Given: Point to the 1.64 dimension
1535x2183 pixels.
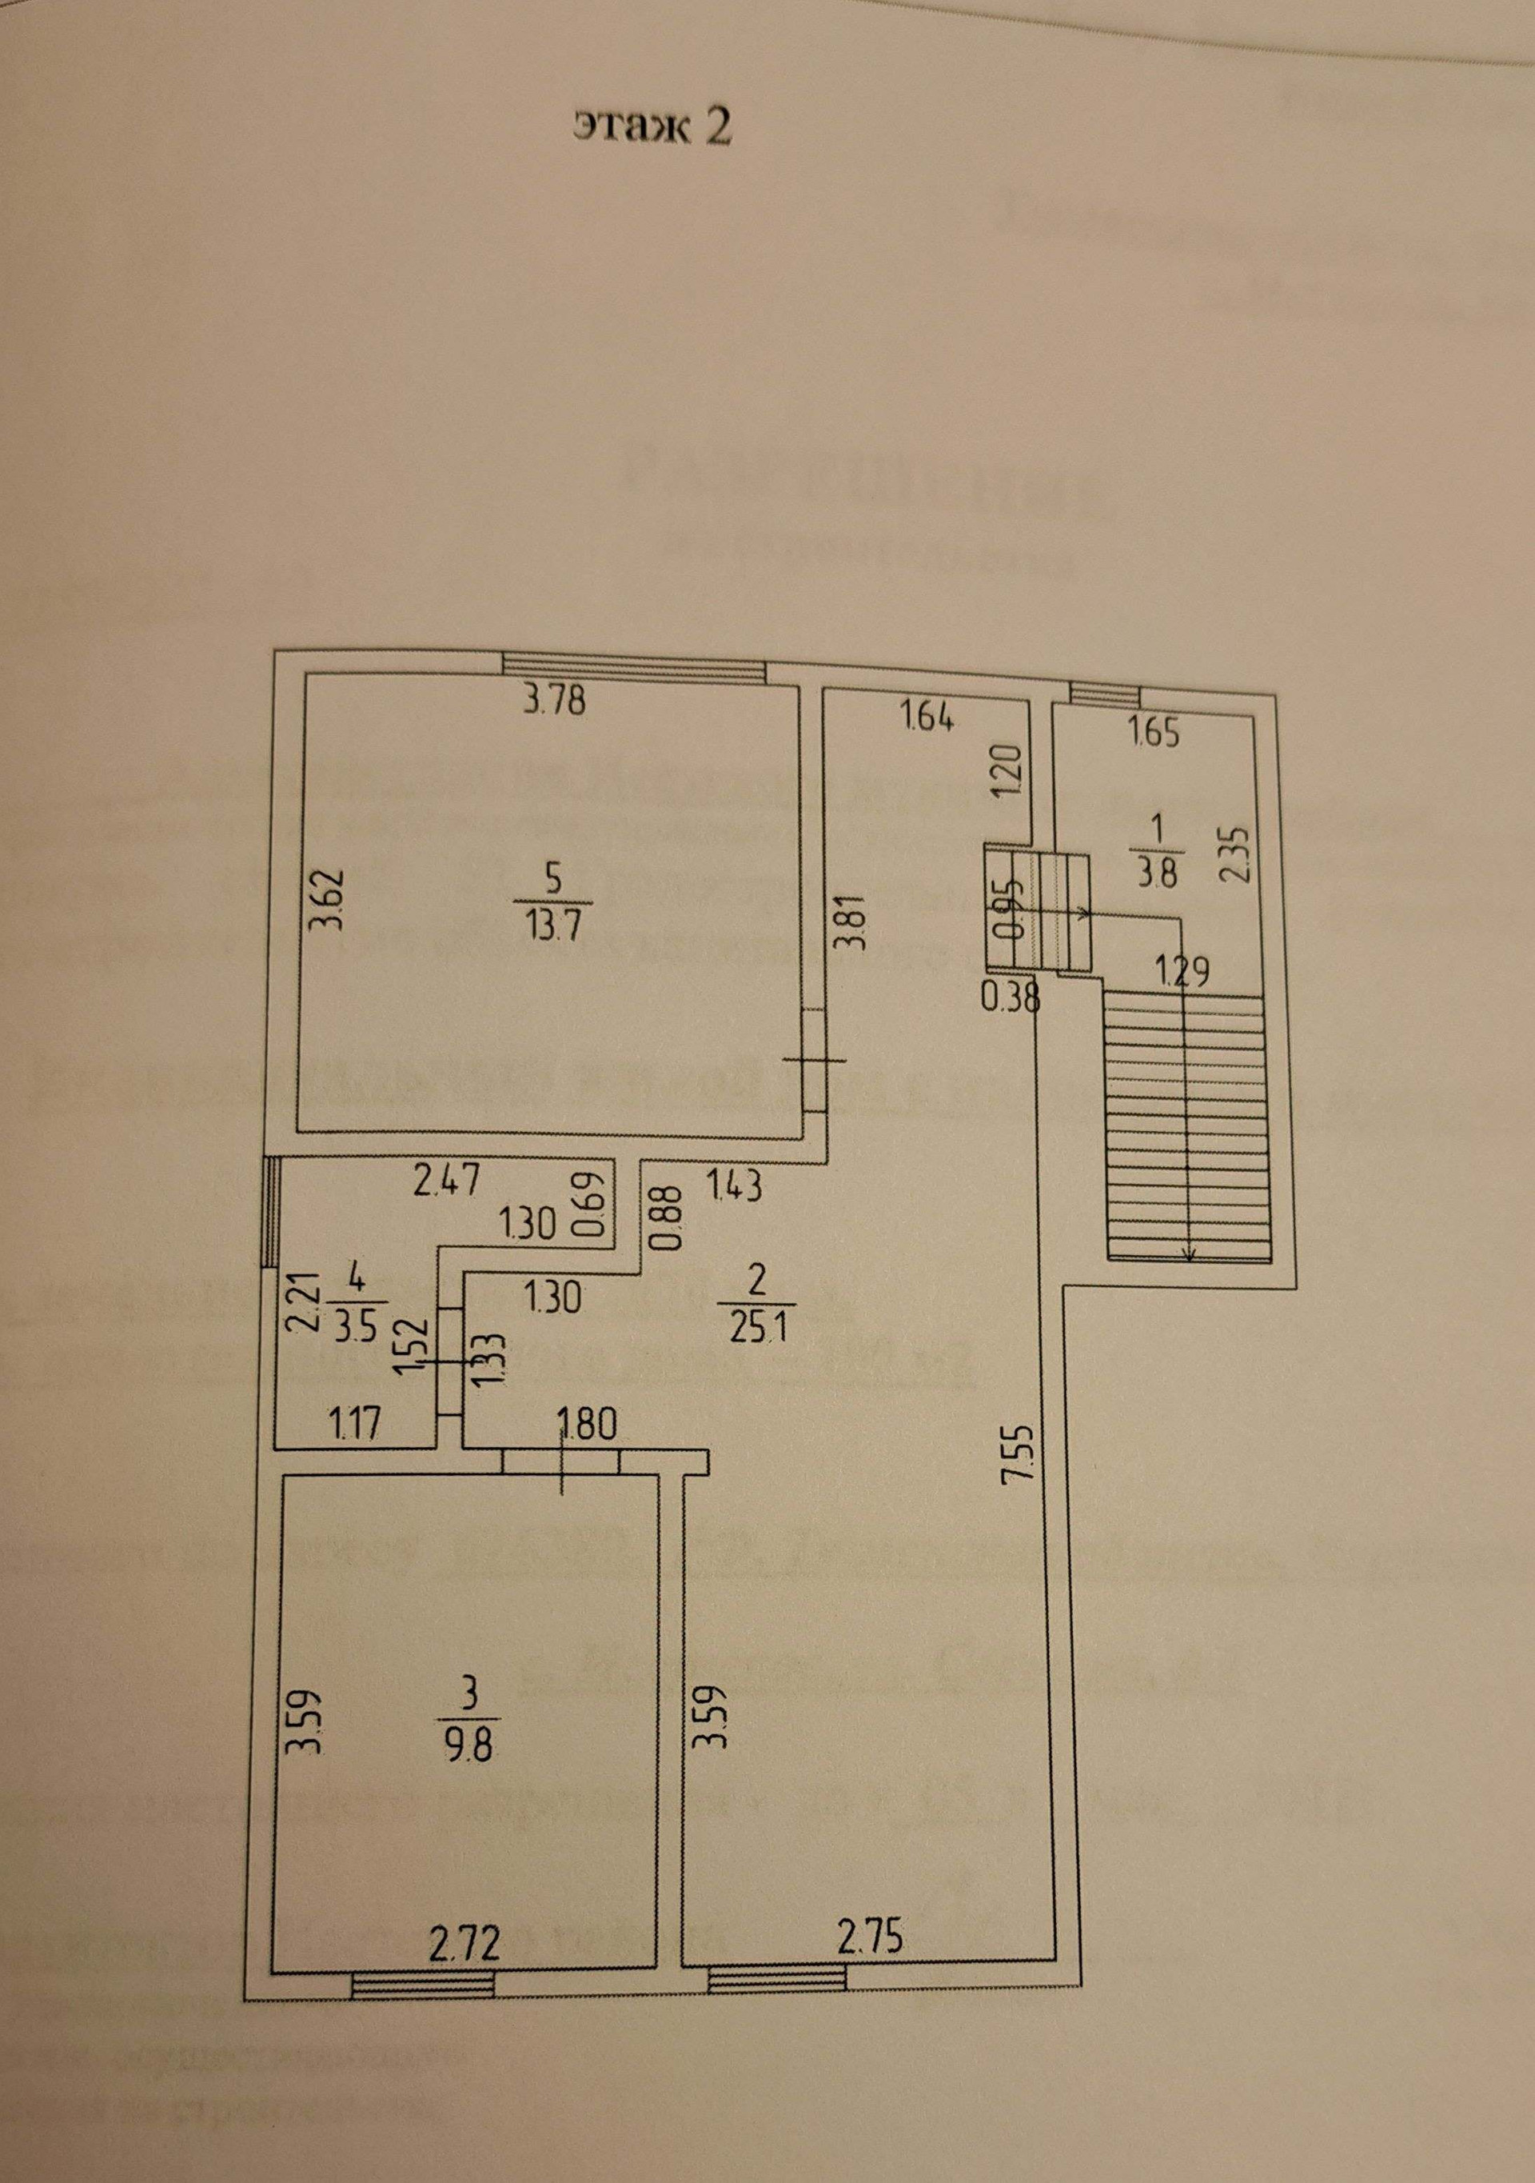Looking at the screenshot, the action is tap(927, 720).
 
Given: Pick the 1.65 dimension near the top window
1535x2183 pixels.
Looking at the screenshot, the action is tap(1154, 735).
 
